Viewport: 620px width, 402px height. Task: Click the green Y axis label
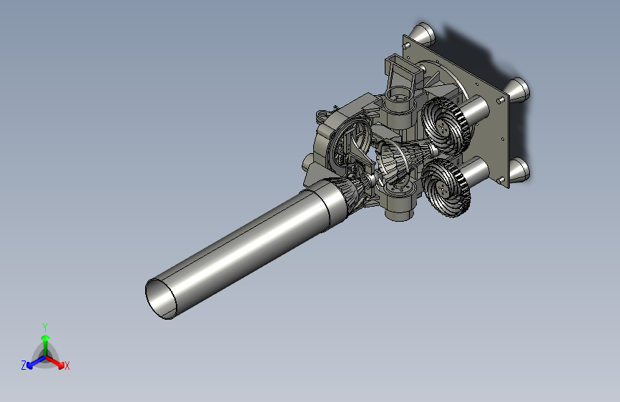(45, 327)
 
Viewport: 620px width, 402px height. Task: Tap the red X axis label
(67, 366)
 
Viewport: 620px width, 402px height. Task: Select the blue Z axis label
(24, 366)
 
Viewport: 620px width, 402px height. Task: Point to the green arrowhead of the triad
(46, 338)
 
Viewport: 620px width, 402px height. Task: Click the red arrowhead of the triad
(61, 365)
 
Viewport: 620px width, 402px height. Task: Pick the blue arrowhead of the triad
(30, 366)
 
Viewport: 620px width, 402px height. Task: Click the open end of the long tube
(161, 299)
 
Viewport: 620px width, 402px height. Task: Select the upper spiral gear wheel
(445, 125)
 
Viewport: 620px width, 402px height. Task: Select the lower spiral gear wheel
(446, 187)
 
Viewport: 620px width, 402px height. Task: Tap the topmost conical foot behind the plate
(423, 32)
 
